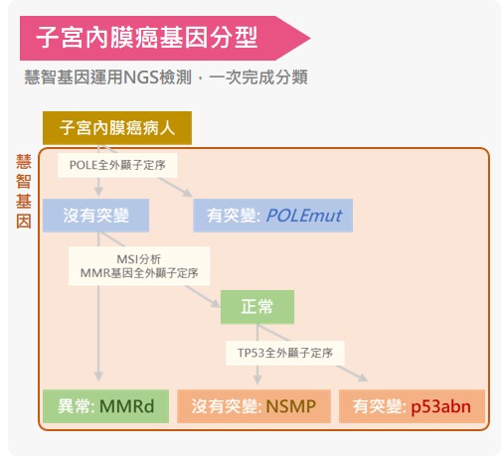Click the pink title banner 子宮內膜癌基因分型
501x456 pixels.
tap(165, 38)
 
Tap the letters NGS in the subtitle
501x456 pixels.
tap(141, 77)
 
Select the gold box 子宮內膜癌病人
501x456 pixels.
tap(117, 128)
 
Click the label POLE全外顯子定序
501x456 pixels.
tap(117, 165)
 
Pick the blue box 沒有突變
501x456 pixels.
tap(96, 216)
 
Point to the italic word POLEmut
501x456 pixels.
tap(304, 216)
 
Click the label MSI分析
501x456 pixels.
tap(139, 259)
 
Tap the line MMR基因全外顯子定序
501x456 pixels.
tap(139, 273)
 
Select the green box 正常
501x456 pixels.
tap(257, 307)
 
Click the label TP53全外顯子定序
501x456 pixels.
tap(285, 353)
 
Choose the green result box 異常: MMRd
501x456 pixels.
tap(106, 406)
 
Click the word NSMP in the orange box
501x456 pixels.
tap(291, 406)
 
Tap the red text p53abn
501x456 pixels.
tap(440, 407)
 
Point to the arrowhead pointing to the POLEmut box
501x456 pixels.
tap(188, 193)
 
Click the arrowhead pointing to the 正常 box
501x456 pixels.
tap(216, 303)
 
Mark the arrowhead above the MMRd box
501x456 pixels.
tap(98, 377)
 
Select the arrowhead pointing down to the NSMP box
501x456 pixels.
tap(257, 380)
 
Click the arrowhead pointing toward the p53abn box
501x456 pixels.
tap(363, 378)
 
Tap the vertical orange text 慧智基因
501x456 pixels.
tap(24, 192)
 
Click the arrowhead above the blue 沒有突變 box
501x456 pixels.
tap(98, 192)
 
